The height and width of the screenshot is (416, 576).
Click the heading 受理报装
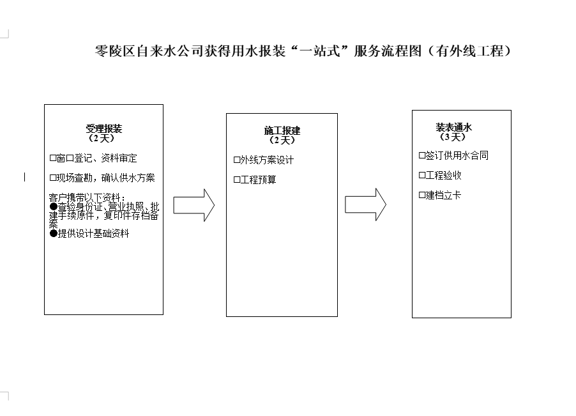[104, 128]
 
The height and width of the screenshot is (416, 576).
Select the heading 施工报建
[282, 130]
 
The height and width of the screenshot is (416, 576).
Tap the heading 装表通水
[453, 127]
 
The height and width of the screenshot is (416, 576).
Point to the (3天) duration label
[453, 137]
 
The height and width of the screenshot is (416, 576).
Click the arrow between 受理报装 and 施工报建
[194, 205]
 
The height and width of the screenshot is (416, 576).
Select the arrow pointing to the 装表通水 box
[365, 204]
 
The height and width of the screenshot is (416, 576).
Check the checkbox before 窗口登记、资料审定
[53, 158]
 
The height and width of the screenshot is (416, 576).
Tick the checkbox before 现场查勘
[53, 178]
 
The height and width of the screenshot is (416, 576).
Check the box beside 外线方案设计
[237, 160]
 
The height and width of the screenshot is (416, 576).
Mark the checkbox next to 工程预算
[237, 180]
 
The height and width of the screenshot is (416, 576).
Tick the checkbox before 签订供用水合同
[422, 155]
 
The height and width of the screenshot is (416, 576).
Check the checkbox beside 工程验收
[422, 175]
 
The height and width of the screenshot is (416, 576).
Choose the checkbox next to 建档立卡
[422, 195]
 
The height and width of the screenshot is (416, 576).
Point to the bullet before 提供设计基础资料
[53, 234]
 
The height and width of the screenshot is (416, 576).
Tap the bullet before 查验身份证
[53, 206]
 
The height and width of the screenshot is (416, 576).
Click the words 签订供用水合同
[457, 155]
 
